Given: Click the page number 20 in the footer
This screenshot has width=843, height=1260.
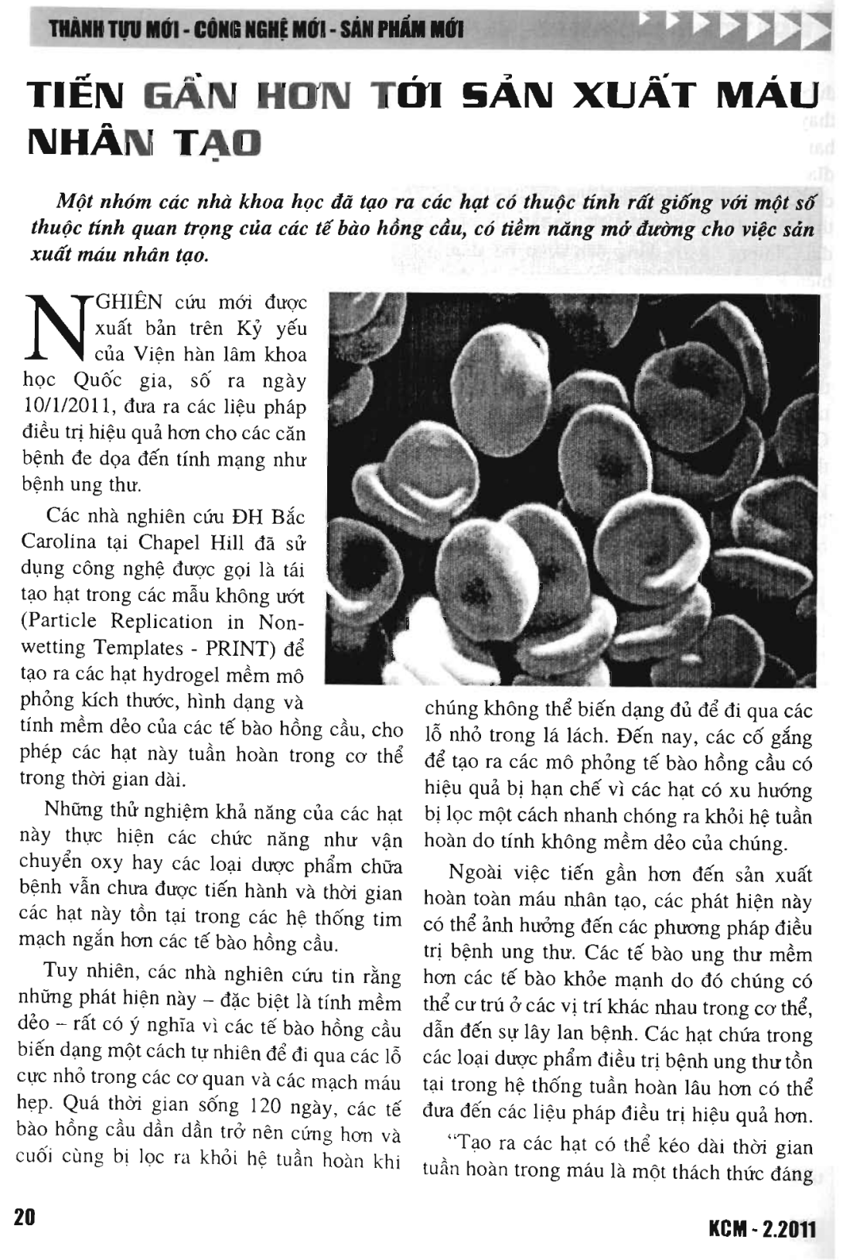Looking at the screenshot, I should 25,1217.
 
